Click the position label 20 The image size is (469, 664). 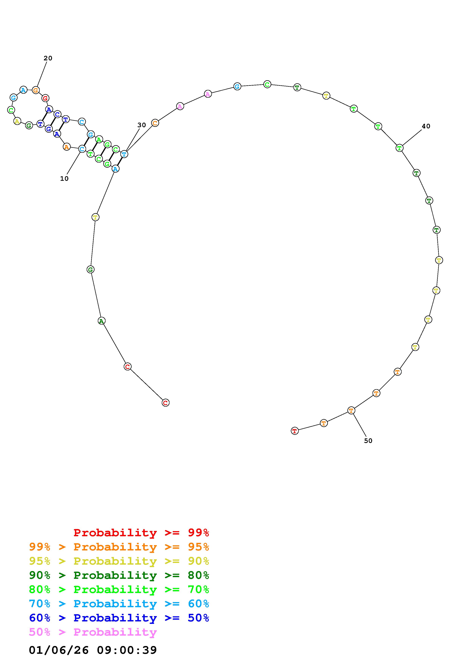[x=48, y=58]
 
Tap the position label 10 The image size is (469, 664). [x=64, y=179]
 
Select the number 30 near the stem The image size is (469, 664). [x=142, y=125]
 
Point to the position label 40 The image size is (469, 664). [x=426, y=126]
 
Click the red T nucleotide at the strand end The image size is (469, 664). [x=294, y=431]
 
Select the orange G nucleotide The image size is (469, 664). [x=36, y=90]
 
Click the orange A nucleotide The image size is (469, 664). [x=66, y=147]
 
